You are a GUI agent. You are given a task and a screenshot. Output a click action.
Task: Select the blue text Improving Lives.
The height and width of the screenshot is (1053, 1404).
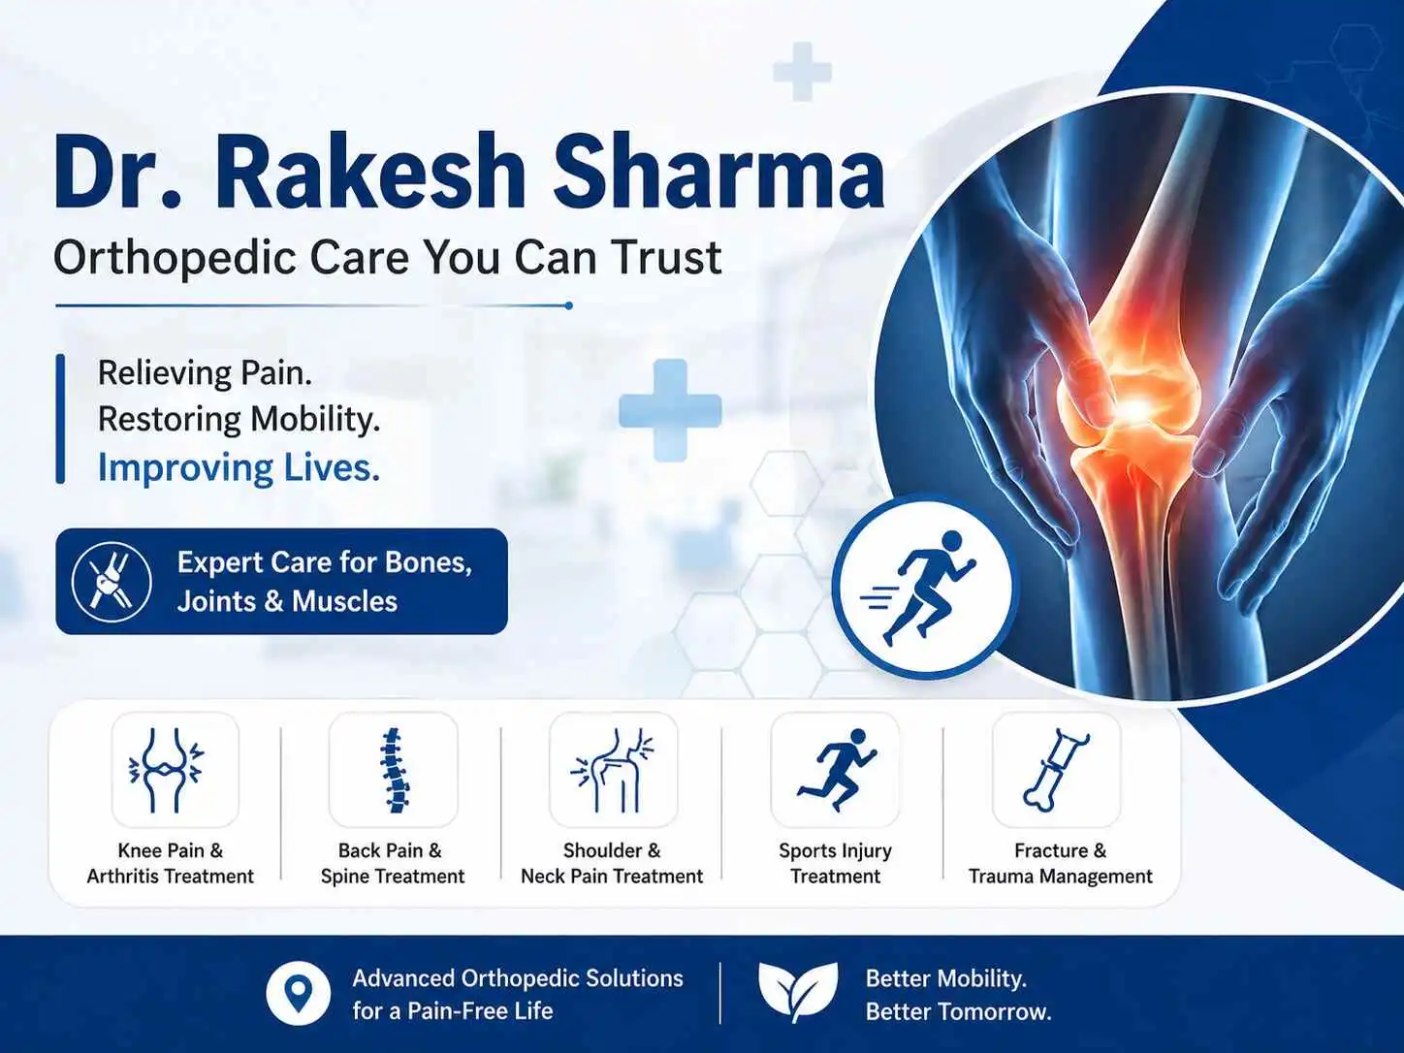pos(239,468)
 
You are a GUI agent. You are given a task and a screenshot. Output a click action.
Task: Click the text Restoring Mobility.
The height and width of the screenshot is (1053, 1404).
pos(239,420)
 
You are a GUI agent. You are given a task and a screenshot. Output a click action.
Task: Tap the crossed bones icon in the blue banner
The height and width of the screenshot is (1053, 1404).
pos(112,582)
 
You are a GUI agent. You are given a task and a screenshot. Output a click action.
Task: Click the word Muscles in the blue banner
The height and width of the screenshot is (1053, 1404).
pos(345,601)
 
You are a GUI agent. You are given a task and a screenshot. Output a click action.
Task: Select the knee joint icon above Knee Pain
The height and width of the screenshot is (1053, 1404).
pos(167,770)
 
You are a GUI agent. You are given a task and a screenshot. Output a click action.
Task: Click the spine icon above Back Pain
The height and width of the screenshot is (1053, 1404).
pos(394,770)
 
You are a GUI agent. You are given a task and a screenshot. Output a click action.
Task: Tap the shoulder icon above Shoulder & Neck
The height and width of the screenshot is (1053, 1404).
pos(613,770)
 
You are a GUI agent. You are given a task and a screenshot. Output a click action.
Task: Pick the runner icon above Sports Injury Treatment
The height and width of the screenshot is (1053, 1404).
pos(837,770)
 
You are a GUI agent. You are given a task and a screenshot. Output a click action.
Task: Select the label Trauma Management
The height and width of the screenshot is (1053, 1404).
pos(1060,876)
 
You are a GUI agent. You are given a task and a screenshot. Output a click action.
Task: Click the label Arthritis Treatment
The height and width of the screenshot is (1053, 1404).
pos(170,876)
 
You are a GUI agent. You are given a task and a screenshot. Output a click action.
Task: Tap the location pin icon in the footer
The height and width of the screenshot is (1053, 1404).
pos(298,994)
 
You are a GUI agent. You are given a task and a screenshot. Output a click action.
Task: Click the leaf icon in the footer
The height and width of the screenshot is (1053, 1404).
pos(797,992)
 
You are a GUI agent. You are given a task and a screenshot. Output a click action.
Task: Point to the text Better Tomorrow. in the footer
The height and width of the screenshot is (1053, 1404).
pos(958,1012)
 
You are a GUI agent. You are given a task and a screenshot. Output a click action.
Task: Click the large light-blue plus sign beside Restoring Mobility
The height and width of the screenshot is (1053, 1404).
pos(670,410)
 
